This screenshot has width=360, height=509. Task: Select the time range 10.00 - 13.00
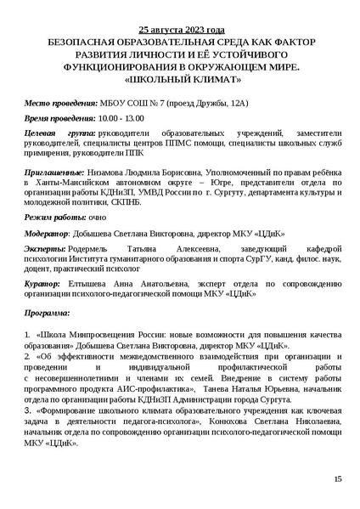120,117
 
